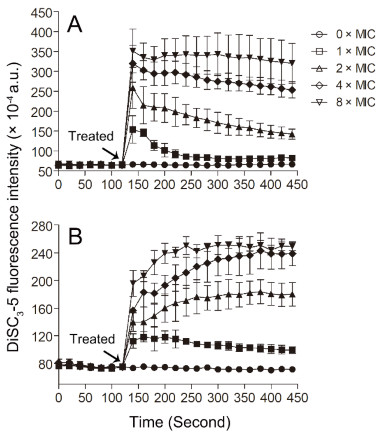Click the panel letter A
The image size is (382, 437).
(x=75, y=25)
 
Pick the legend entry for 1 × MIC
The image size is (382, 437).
(x=344, y=51)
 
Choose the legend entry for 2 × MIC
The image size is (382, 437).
(x=344, y=68)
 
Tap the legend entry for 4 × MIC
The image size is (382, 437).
(x=344, y=85)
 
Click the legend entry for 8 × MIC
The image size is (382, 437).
(x=344, y=102)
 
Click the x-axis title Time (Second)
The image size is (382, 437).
(x=179, y=422)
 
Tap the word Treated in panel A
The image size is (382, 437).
(x=91, y=136)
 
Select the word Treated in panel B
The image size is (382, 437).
(x=92, y=339)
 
